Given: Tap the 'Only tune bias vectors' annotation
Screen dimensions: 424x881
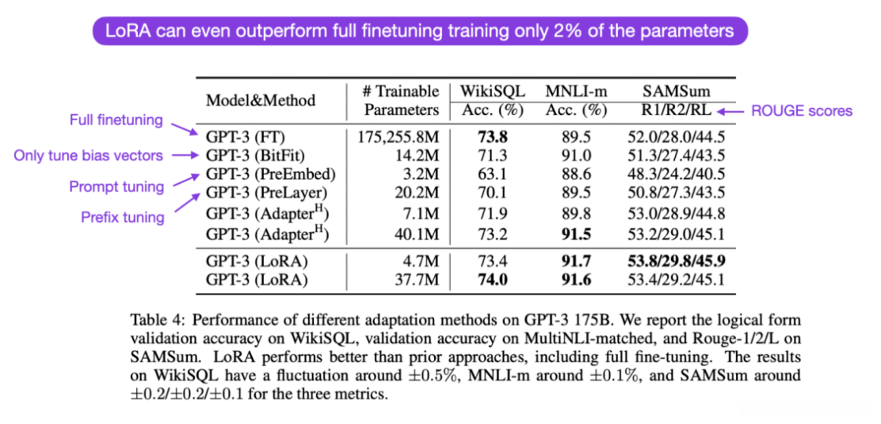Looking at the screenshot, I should tap(88, 155).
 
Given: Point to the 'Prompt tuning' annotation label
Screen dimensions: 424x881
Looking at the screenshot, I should tap(116, 187).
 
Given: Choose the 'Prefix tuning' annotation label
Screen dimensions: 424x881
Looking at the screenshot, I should tap(122, 216).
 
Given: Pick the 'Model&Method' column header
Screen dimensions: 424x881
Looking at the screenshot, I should tap(261, 101).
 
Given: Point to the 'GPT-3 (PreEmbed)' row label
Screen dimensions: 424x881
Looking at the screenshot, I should tap(269, 174).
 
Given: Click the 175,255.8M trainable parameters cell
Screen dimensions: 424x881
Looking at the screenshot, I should tap(395, 136).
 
